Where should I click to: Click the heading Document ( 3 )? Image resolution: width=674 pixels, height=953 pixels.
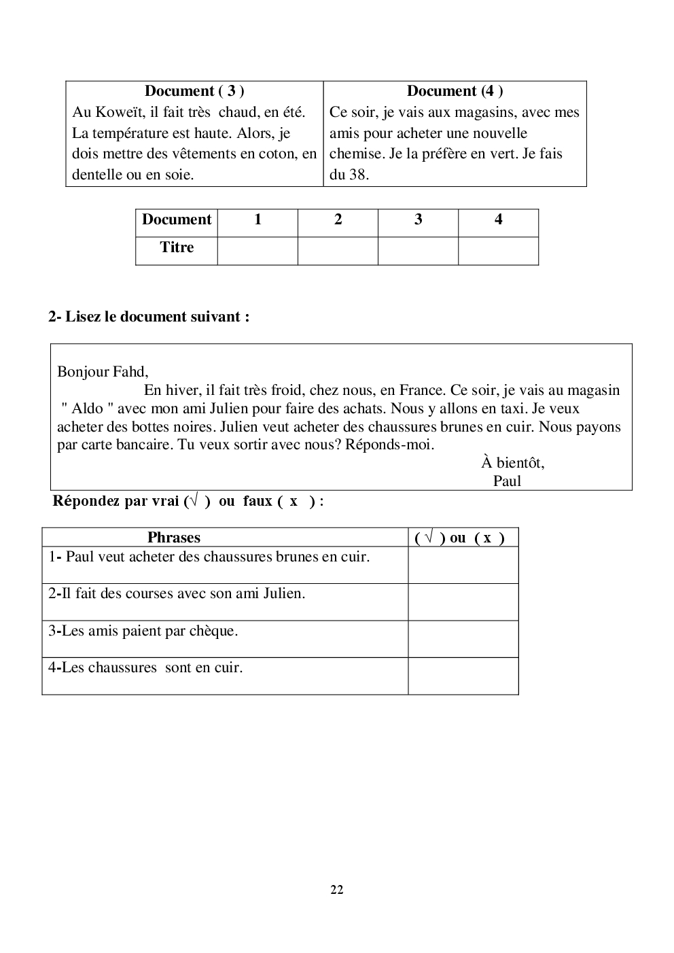coord(194,91)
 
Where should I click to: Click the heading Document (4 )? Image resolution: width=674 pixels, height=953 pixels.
coord(455,91)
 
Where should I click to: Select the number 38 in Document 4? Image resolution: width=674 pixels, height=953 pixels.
coord(358,175)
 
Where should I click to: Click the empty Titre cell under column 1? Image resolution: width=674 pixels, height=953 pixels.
coord(258,251)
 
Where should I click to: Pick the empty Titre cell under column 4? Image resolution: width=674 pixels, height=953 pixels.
coord(498,251)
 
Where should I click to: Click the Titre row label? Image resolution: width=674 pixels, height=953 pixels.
coord(177,247)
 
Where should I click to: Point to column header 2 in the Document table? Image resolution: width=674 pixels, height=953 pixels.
coord(338,220)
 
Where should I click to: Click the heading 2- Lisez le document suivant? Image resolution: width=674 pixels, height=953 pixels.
coord(149,317)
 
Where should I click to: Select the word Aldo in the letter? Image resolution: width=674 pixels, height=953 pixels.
coord(88,409)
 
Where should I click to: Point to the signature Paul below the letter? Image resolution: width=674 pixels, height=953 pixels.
coord(507,481)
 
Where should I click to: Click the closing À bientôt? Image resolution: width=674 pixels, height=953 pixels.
coord(513,463)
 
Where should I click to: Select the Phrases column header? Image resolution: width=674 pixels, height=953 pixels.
coord(174,538)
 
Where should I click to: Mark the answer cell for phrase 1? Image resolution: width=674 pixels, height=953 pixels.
coord(463,565)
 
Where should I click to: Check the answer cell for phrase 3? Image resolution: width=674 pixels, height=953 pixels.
coord(463,639)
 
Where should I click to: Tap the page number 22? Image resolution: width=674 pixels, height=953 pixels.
coord(336,890)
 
